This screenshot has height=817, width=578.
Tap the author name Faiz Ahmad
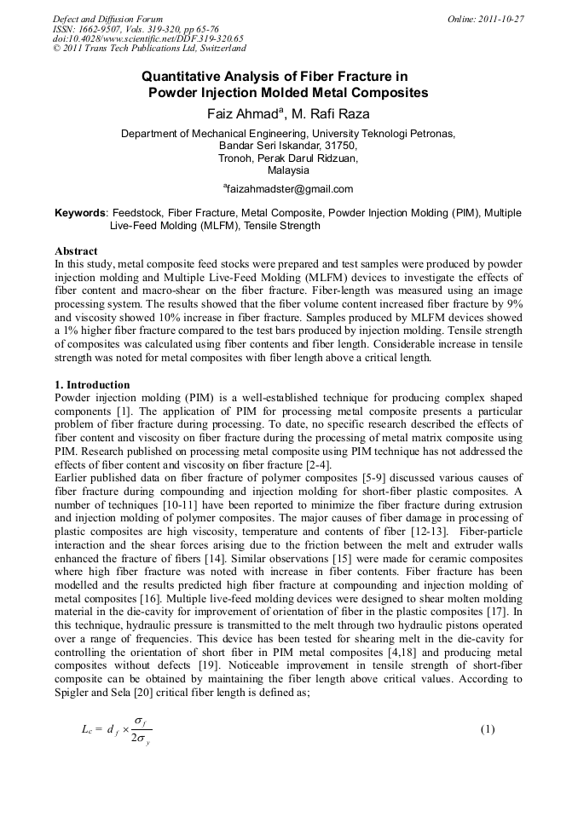coord(241,112)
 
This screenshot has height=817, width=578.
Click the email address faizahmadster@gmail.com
coord(289,189)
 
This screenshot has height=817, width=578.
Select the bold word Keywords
coord(80,212)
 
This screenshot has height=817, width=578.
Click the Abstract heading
coord(76,252)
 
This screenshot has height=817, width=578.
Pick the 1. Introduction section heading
coord(91,385)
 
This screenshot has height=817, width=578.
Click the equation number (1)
coord(487,730)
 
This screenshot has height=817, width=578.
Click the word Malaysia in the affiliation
coord(288,170)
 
